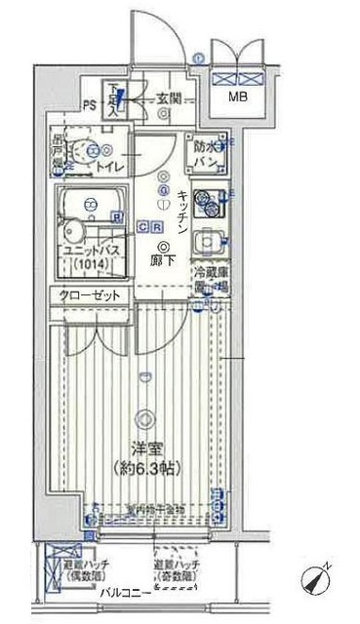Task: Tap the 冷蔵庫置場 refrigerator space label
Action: (208, 280)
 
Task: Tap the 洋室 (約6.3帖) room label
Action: (144, 455)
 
